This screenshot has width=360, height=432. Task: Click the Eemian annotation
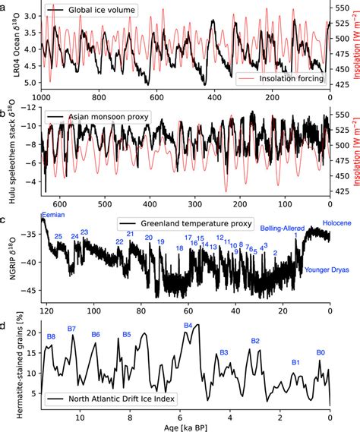tap(54, 216)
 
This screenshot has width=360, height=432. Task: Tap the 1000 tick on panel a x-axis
tap(41, 99)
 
